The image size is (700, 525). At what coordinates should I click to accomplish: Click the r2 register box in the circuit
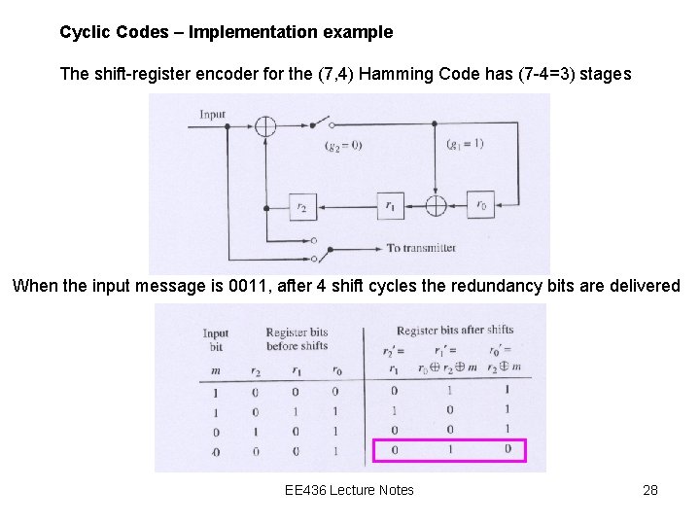pyautogui.click(x=303, y=206)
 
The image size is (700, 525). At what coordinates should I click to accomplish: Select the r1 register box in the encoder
pyautogui.click(x=390, y=206)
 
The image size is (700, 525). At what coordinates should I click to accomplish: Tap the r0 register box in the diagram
pyautogui.click(x=480, y=206)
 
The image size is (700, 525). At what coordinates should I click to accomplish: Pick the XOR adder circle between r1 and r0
pyautogui.click(x=436, y=206)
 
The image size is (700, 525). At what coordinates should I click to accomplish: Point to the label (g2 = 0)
pyautogui.click(x=343, y=146)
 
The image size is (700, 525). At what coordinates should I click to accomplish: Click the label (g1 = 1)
pyautogui.click(x=465, y=144)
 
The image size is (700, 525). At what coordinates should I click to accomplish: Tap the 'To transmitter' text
pyautogui.click(x=420, y=248)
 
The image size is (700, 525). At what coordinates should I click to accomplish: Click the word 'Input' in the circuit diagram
pyautogui.click(x=212, y=115)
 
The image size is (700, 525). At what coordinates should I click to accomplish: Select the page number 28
pyautogui.click(x=650, y=490)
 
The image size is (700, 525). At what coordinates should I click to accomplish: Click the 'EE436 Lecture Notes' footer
pyautogui.click(x=349, y=490)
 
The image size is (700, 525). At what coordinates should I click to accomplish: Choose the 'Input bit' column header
pyautogui.click(x=215, y=339)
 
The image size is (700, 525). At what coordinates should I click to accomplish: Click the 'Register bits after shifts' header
pyautogui.click(x=454, y=331)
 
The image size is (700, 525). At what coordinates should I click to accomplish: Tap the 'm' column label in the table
pyautogui.click(x=215, y=369)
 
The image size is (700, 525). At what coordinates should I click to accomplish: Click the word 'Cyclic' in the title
pyautogui.click(x=84, y=32)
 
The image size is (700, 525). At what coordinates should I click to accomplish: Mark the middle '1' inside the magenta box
pyautogui.click(x=450, y=450)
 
